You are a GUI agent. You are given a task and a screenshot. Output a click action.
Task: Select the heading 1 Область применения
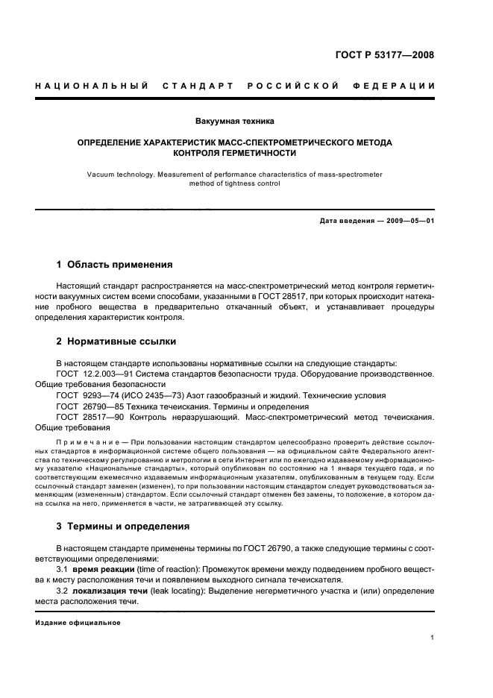115,264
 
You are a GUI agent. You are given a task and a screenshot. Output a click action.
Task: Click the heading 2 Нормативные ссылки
116,342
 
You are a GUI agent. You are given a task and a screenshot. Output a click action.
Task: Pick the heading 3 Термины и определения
123,526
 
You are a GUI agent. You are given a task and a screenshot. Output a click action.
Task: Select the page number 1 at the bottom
433,638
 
